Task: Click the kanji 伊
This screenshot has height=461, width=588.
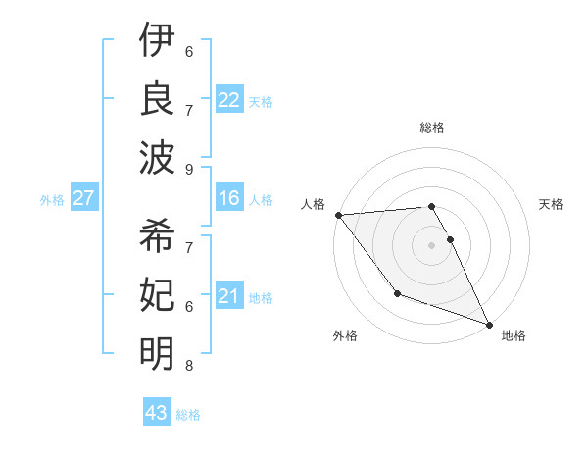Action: (157, 41)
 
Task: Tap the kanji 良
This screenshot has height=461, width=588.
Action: (157, 98)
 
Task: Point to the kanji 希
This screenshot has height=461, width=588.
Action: (157, 236)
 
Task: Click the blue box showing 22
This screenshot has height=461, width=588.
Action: (229, 99)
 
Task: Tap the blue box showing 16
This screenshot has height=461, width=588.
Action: (229, 199)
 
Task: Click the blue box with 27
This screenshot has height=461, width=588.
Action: (84, 198)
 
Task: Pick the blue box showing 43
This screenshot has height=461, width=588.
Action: (157, 413)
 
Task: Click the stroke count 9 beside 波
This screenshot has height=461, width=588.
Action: (189, 169)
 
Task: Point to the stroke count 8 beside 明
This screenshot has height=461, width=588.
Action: (189, 366)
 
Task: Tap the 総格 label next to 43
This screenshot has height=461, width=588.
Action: (189, 415)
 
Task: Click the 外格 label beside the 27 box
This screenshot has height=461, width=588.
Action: (53, 200)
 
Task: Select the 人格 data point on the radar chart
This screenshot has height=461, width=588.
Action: (338, 214)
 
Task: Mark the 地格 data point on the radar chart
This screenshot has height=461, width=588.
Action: (489, 324)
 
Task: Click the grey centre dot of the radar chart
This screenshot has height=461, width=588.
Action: (431, 244)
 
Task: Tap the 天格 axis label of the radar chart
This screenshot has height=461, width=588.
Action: (552, 204)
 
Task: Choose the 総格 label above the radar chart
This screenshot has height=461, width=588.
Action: (431, 128)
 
